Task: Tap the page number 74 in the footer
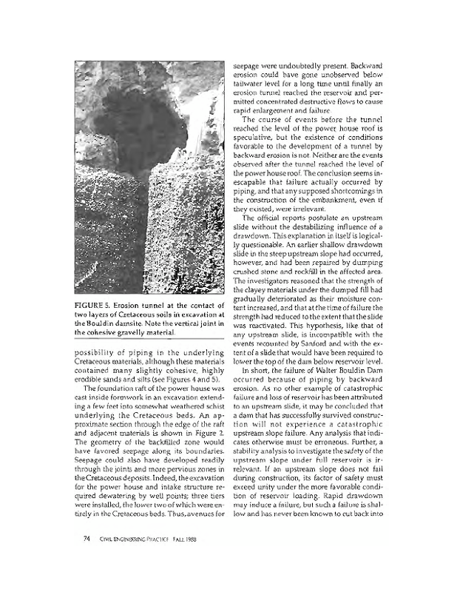pyautogui.click(x=87, y=558)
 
